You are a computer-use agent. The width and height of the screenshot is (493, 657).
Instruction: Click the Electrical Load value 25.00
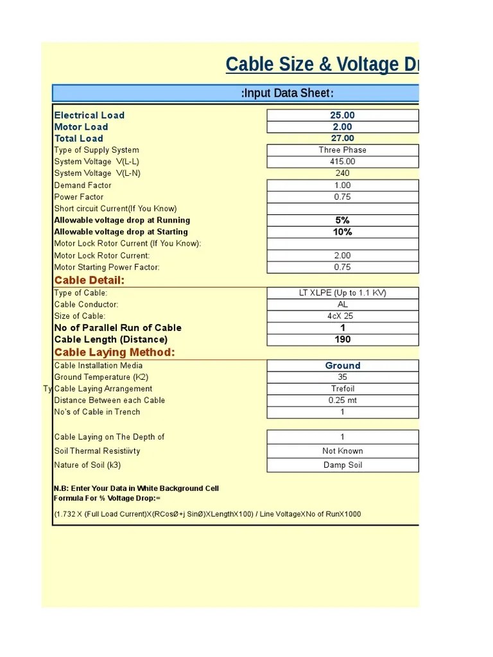click(x=342, y=115)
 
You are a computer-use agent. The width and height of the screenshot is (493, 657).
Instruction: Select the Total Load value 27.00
click(x=342, y=139)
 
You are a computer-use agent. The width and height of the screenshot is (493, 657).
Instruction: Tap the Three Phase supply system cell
click(x=342, y=150)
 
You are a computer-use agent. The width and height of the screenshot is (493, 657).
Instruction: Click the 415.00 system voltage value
click(x=342, y=162)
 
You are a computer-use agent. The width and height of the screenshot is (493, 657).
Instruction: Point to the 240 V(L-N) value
click(x=342, y=173)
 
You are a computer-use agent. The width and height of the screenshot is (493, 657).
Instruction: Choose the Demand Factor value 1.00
click(x=342, y=185)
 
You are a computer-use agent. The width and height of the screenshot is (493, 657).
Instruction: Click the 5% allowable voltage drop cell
click(x=342, y=220)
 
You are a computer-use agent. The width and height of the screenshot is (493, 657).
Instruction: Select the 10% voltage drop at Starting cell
click(x=342, y=232)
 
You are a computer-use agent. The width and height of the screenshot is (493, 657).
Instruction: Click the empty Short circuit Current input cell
click(x=342, y=209)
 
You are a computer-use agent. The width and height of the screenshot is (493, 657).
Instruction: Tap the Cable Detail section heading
click(x=89, y=280)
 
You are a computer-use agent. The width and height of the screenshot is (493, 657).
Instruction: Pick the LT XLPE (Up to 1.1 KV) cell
click(x=342, y=293)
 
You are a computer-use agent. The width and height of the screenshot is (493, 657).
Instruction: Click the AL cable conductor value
click(x=342, y=305)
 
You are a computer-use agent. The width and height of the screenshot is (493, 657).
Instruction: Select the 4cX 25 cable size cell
click(x=342, y=316)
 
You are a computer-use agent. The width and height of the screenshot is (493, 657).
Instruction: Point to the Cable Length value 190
click(x=342, y=339)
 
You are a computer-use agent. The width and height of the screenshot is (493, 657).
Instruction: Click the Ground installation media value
click(x=342, y=366)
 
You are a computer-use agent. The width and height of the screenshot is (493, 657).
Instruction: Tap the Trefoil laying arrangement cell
click(x=342, y=389)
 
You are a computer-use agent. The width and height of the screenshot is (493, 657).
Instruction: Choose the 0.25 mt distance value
click(x=342, y=400)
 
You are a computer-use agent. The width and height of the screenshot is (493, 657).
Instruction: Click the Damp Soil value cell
click(x=342, y=465)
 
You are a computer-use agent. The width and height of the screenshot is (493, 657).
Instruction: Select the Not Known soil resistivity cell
click(x=342, y=451)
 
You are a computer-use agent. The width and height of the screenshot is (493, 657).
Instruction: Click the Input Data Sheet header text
click(x=287, y=94)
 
